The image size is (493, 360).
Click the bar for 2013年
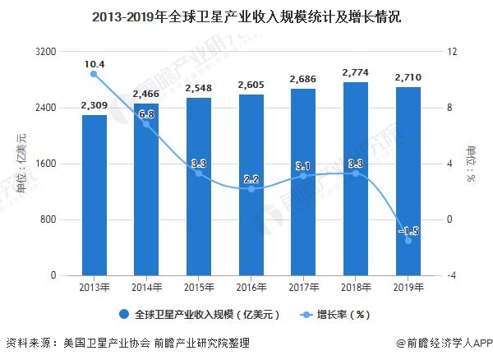tap(94, 195)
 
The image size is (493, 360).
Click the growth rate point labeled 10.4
tap(94, 74)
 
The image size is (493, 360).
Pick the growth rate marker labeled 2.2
tap(251, 189)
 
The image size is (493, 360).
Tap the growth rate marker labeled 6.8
tap(146, 124)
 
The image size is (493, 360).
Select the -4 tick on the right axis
tap(451, 275)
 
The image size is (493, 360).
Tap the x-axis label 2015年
tap(199, 288)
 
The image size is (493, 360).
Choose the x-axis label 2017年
tap(303, 288)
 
